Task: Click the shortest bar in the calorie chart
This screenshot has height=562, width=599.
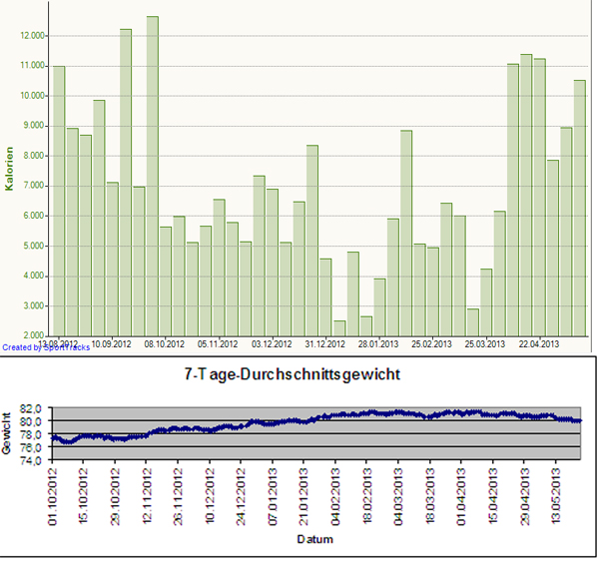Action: click(339, 327)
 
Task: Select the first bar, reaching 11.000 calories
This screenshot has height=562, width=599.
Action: click(59, 200)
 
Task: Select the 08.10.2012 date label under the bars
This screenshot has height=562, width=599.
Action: click(164, 343)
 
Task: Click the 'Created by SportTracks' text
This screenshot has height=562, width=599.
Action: click(45, 347)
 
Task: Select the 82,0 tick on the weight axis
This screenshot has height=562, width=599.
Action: click(35, 408)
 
